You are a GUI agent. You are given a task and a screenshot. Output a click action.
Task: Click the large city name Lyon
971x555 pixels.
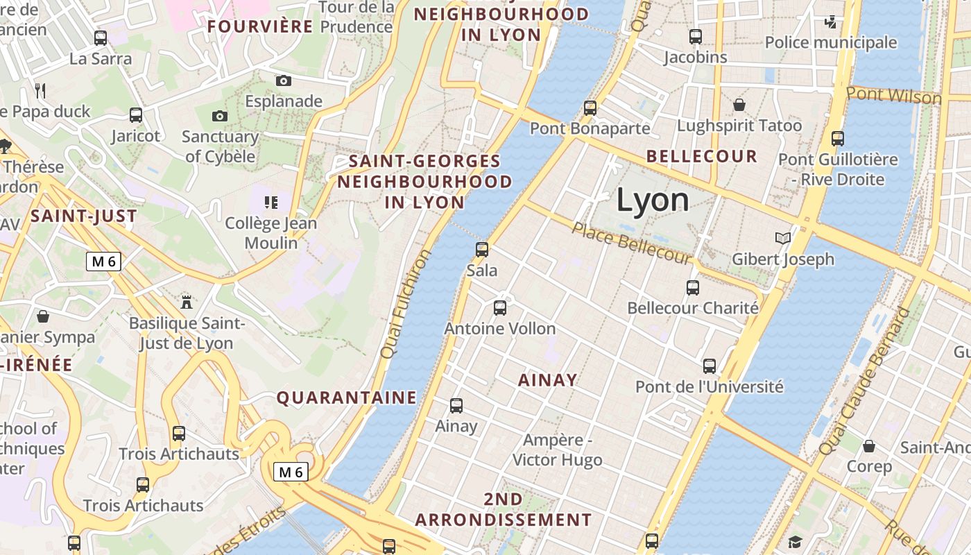coord(653,200)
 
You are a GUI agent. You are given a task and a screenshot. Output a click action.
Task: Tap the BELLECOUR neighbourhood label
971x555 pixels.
coord(702,156)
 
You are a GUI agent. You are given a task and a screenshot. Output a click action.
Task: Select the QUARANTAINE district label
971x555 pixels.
coord(347,398)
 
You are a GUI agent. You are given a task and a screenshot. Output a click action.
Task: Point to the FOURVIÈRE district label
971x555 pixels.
coord(261,26)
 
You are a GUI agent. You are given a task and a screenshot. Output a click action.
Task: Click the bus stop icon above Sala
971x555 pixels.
coord(482,249)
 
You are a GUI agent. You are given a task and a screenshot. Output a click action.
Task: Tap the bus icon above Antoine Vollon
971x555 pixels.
coord(500,307)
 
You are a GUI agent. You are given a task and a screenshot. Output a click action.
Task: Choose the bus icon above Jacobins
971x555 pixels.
coord(695,37)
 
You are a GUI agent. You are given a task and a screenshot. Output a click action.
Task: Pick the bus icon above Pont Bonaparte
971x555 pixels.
coord(590,108)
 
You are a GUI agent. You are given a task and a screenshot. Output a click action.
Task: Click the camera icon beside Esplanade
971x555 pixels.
coord(284,80)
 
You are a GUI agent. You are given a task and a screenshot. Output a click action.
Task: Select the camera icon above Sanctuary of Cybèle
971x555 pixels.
coord(220,116)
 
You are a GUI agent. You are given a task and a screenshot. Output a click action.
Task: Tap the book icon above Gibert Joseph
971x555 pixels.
coord(783,238)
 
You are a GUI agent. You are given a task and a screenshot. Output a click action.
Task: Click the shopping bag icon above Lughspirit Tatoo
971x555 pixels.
coord(739,105)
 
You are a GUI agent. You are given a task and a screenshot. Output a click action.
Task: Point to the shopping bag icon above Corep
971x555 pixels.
coord(868,445)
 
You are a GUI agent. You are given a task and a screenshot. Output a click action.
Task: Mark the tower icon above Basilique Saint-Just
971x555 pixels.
coord(186,301)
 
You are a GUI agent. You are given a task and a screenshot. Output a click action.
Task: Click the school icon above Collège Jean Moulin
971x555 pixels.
coord(271,203)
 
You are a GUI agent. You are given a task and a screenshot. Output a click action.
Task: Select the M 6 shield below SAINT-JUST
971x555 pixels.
coord(104,262)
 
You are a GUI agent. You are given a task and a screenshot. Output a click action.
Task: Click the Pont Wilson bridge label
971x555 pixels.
coord(894,95)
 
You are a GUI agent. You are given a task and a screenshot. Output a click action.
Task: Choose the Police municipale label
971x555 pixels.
coord(830,42)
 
